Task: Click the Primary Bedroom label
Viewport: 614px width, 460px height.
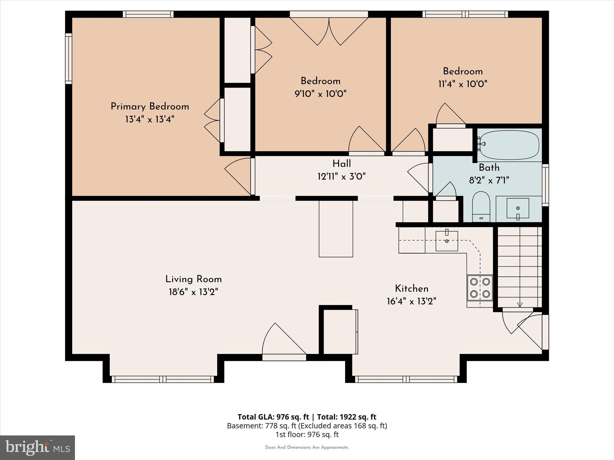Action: coord(150,107)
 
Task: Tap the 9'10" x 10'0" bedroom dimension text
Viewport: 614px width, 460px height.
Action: coord(320,94)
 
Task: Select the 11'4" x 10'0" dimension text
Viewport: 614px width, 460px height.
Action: coord(463,84)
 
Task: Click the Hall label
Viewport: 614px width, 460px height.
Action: coord(341,164)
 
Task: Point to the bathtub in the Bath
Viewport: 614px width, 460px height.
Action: coord(509,145)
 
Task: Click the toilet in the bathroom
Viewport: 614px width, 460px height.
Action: coord(481,207)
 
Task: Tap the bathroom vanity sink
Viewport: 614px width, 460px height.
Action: coord(518,208)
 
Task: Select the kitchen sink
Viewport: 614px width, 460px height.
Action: coord(447,241)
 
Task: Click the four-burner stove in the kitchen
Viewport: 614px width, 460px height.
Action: coord(480,287)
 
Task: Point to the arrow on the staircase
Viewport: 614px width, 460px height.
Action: coord(520,305)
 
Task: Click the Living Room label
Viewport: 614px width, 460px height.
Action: coord(193,279)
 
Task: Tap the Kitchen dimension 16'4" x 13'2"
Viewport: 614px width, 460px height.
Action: coord(411,301)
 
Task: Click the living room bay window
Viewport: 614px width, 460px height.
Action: coord(163,379)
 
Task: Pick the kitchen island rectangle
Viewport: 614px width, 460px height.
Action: coord(336,229)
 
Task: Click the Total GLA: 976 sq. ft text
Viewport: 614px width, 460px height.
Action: coord(273,417)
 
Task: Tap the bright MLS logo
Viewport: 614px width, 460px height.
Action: coord(37,447)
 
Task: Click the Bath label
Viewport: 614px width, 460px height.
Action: coord(489,167)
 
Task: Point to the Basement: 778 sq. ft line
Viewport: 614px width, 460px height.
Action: coord(307,426)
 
